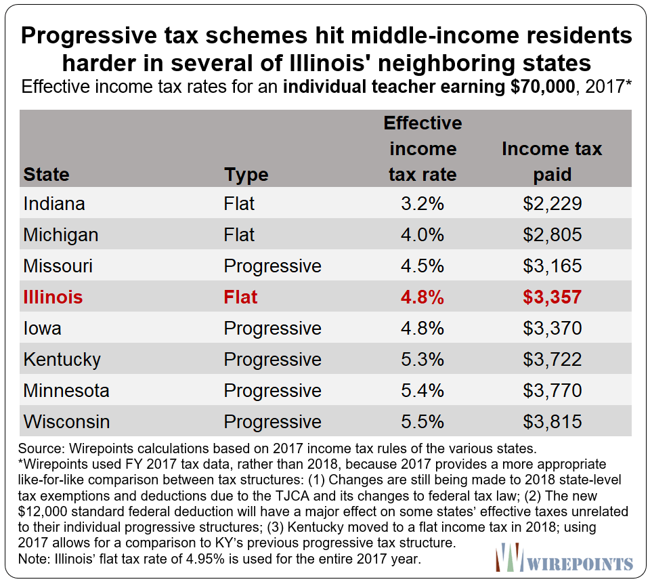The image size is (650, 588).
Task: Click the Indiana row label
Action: tap(53, 203)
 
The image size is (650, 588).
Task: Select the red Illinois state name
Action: tap(53, 297)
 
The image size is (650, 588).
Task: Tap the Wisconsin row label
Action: tap(66, 421)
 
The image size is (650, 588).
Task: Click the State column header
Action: tap(46, 174)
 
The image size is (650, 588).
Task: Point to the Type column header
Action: tap(246, 174)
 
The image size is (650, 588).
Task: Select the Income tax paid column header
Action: tap(552, 161)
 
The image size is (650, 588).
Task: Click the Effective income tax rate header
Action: tap(422, 148)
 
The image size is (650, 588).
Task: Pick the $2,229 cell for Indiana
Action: tap(552, 203)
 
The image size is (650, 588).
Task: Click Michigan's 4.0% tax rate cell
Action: tap(422, 234)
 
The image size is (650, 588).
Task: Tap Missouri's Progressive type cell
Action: tap(272, 266)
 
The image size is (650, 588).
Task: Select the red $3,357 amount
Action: tap(552, 297)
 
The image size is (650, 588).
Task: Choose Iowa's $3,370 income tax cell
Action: tap(552, 328)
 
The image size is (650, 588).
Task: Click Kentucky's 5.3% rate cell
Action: tap(422, 359)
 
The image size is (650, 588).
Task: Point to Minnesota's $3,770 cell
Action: tap(552, 390)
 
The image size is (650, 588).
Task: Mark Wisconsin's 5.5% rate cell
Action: tap(422, 421)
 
